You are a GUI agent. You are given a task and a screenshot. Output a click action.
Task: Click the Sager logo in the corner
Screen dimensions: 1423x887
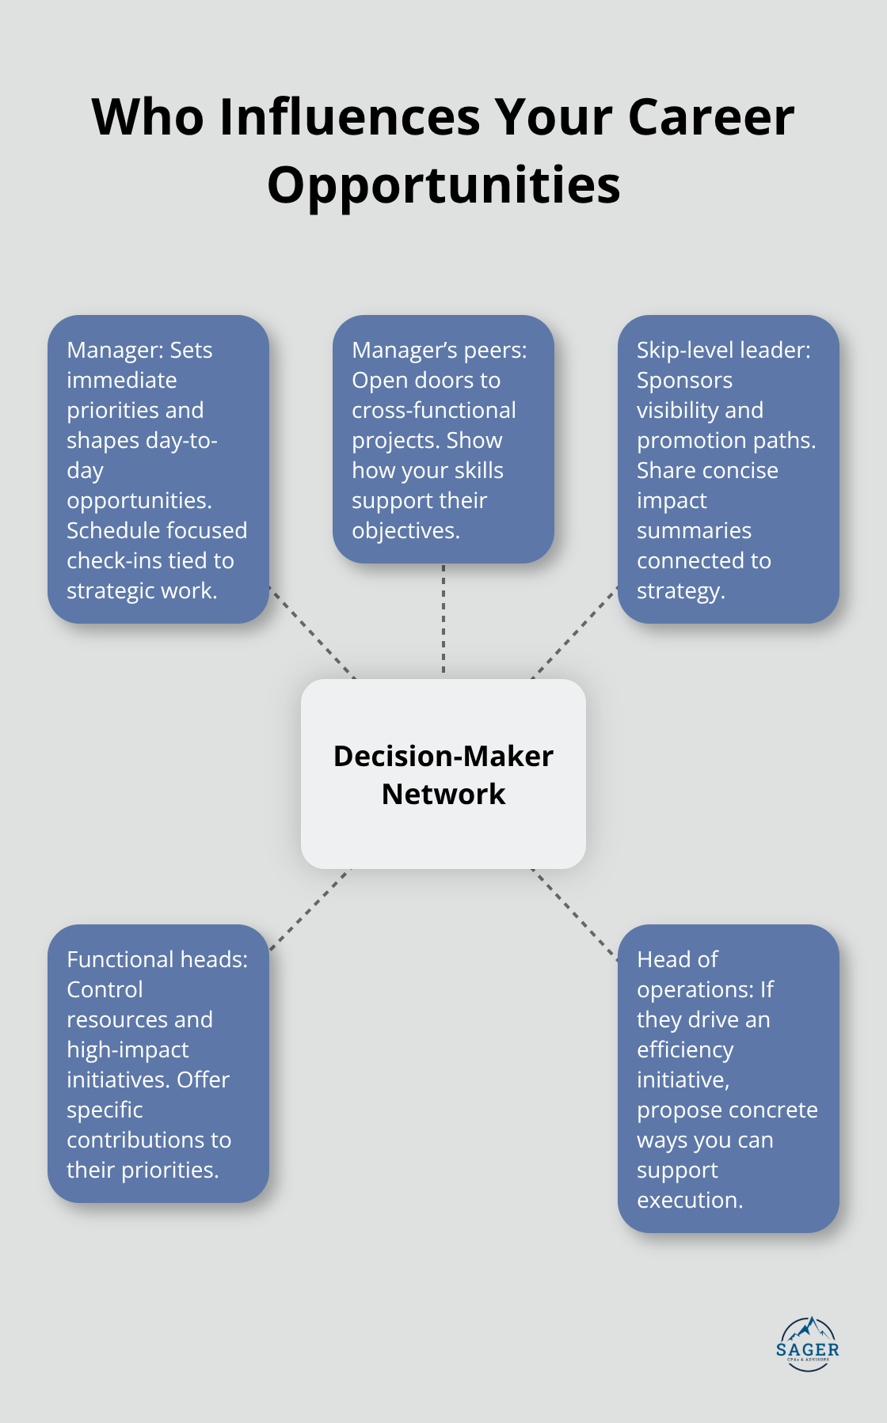coord(807,1344)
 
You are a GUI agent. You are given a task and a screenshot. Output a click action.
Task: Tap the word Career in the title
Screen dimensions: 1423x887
coord(710,117)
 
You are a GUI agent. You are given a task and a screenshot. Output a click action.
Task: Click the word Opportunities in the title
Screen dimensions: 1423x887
coord(443,185)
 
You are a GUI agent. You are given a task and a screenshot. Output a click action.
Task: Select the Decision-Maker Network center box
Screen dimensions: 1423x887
coord(443,774)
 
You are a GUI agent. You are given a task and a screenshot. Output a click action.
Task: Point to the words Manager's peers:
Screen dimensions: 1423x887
coord(439,350)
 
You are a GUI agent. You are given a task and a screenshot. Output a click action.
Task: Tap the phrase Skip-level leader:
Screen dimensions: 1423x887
coord(723,350)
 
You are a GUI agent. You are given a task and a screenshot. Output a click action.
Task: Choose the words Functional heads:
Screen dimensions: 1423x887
coord(157,959)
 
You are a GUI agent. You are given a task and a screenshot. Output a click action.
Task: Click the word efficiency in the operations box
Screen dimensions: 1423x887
coord(685,1049)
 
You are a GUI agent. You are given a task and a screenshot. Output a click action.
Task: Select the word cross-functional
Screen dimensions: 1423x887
coord(433,410)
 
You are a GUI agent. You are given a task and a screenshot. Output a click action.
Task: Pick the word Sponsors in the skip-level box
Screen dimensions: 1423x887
coord(684,380)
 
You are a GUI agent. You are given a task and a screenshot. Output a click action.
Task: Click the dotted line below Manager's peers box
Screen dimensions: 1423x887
coord(443,620)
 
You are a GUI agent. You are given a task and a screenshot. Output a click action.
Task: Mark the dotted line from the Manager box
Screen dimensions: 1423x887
coord(312,632)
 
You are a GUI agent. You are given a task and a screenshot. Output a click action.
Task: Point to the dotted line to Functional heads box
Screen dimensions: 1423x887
coord(310,909)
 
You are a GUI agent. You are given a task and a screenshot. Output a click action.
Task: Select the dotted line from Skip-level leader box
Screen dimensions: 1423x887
coord(574,632)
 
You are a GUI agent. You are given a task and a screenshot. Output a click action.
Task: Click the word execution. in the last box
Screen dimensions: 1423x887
coord(690,1200)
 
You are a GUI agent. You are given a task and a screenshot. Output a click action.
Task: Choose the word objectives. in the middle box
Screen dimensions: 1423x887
coord(405,530)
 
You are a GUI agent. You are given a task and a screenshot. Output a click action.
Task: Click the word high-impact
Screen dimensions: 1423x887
coord(128,1049)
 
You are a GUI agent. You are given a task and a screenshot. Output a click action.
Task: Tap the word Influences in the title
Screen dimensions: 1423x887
coord(349,117)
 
